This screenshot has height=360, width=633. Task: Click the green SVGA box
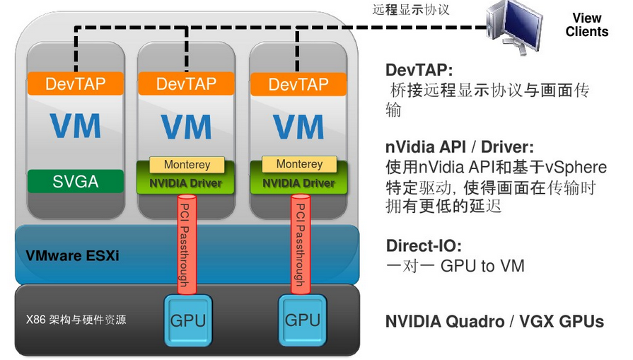click(x=76, y=182)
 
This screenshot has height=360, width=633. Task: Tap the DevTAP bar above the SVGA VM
click(x=76, y=84)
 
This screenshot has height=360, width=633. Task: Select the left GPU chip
click(x=187, y=320)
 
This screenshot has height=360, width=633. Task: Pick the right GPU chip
click(x=301, y=320)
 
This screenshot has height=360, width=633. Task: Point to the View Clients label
click(x=586, y=25)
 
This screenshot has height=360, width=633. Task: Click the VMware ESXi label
click(x=73, y=255)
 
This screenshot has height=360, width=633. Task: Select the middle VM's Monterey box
click(x=187, y=165)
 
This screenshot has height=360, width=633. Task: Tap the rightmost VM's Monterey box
click(x=299, y=164)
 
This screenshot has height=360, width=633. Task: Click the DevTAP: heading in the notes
click(x=419, y=71)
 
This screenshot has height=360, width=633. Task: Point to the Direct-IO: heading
click(x=424, y=246)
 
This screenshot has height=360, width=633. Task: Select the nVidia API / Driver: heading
click(x=459, y=148)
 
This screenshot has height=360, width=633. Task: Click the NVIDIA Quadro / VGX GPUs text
click(x=494, y=321)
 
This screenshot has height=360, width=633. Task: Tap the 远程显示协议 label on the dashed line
click(x=410, y=11)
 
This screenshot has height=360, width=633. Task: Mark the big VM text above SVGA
click(x=76, y=127)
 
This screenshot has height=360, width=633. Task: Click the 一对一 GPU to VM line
click(x=455, y=267)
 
